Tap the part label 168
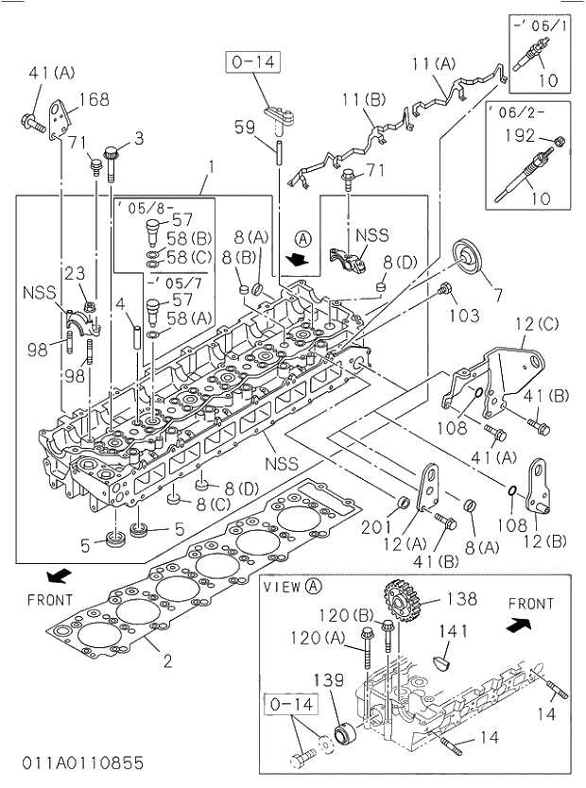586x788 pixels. click(x=94, y=99)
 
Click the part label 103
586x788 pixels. click(x=463, y=315)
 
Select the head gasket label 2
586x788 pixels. click(x=166, y=660)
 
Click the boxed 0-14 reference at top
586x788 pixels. click(x=250, y=62)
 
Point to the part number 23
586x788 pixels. click(x=75, y=274)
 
